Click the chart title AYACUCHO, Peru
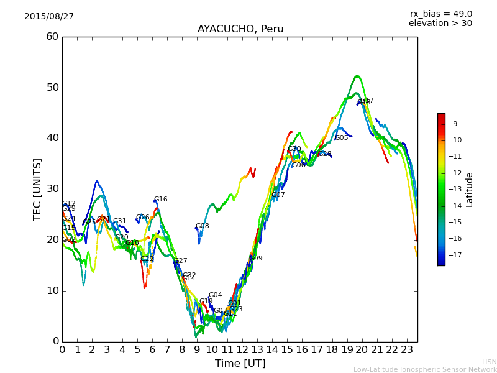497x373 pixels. pos(240,29)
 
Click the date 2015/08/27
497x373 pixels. pos(49,17)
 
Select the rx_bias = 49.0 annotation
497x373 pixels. pos(440,14)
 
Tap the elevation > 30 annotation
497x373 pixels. pos(440,24)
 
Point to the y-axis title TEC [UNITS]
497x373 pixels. pos(38,189)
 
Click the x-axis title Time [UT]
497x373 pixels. pos(240,364)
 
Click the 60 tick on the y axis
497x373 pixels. pos(52,37)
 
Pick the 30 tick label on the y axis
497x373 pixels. pos(52,189)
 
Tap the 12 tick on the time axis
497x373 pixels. pos(242,350)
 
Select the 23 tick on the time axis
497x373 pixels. pos(407,350)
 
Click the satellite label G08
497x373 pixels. pos(203,226)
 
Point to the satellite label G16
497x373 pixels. pos(161,200)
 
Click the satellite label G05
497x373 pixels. pos(342,138)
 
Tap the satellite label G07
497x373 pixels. pos(278,195)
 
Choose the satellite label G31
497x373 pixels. pos(120,221)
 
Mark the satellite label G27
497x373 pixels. pos(181,261)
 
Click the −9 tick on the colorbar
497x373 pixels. pos(452,124)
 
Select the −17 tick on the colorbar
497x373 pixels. pos(454,255)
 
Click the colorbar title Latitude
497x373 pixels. pos(470,190)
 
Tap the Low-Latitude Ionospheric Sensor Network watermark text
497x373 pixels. pos(425,370)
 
